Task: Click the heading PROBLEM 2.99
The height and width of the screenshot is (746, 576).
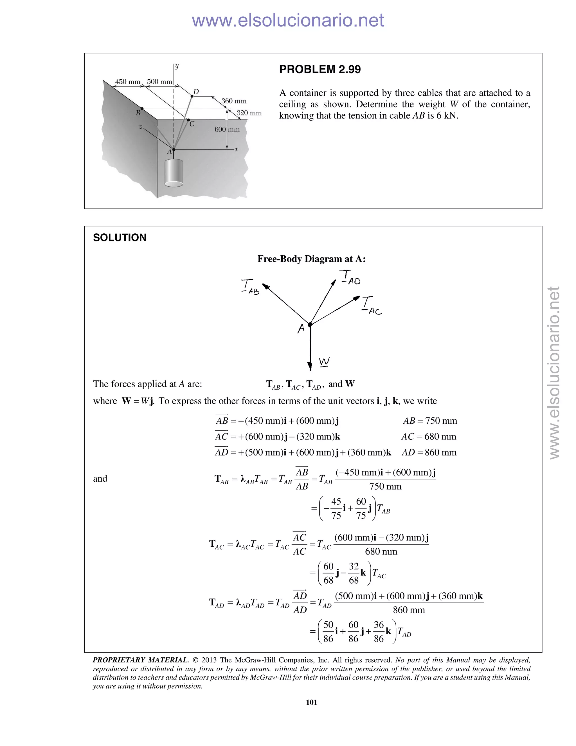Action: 320,69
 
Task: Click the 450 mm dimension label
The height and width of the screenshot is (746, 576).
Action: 128,82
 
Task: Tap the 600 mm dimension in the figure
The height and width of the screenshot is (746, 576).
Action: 227,129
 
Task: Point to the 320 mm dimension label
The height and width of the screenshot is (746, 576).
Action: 249,113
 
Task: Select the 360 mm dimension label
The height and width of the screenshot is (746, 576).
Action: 234,101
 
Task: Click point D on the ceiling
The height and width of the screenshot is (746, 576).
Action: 192,96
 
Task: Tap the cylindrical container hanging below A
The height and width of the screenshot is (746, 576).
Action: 174,173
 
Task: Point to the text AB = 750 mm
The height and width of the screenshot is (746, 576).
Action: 430,421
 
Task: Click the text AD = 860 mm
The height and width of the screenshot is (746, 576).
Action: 429,453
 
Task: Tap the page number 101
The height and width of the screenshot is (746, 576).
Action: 311,702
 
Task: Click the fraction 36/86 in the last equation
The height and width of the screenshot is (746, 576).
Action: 379,632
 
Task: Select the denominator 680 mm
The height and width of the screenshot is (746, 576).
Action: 381,551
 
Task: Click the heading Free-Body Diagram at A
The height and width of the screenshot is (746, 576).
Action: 311,259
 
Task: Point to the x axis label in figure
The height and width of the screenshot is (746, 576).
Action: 237,149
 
